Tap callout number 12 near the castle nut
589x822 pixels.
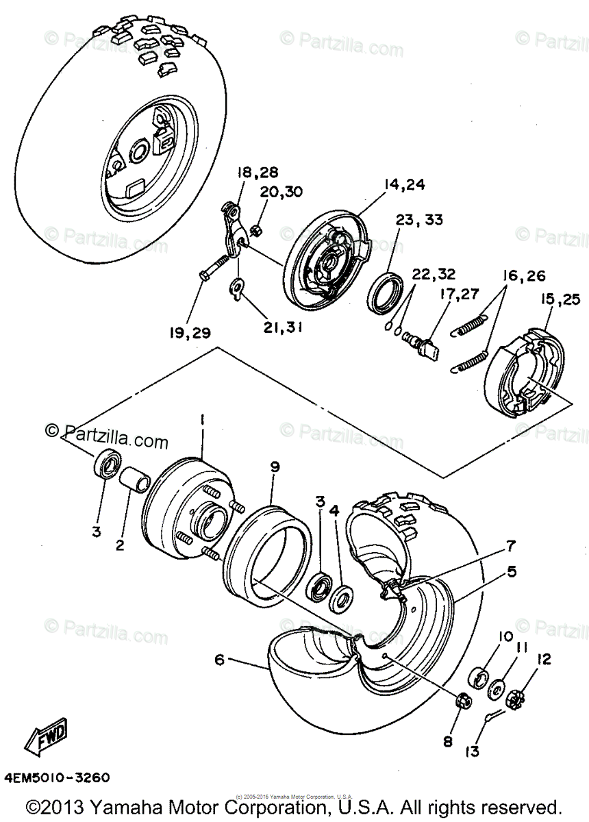tap(544, 660)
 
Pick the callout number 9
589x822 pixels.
tap(275, 466)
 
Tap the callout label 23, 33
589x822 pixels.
tap(419, 220)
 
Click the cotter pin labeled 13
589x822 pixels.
tap(494, 716)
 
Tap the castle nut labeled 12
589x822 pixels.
tap(514, 698)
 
